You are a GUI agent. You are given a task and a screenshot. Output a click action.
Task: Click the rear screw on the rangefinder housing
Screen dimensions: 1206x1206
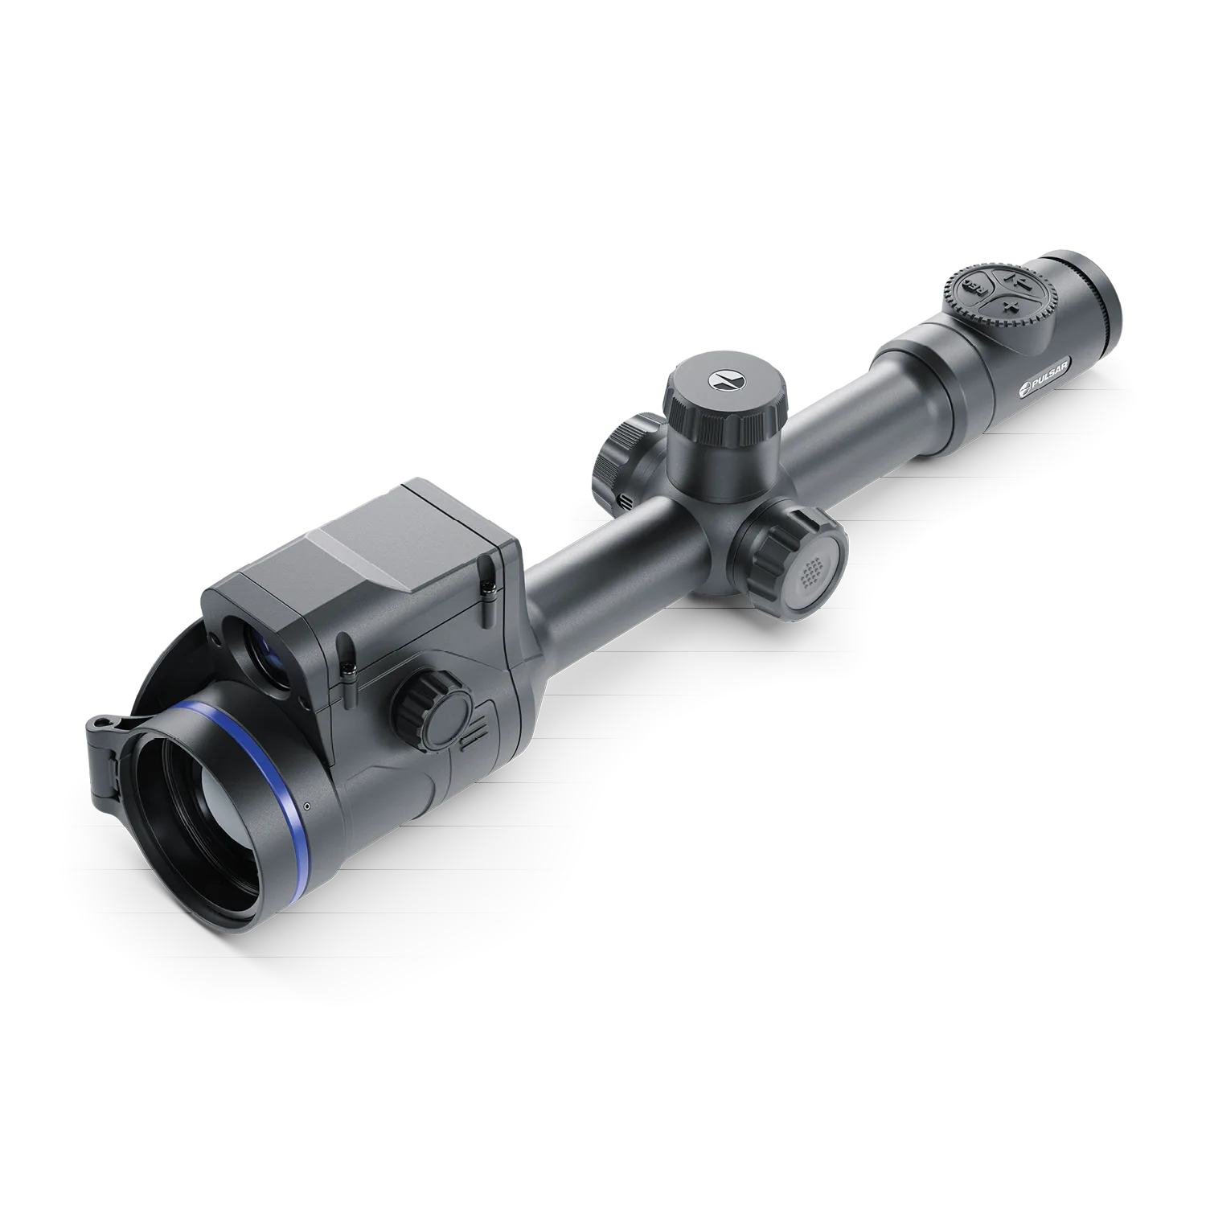click(488, 591)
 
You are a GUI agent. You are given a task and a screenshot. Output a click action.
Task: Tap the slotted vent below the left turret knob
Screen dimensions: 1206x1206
click(624, 501)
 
